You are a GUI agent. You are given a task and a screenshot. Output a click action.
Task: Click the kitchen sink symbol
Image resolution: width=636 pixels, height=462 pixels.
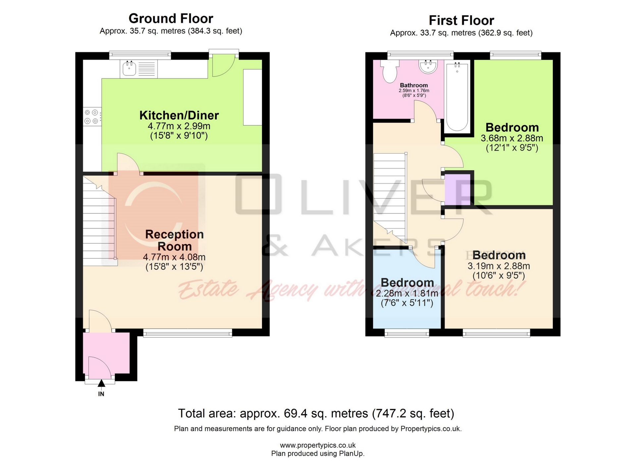point(130,69)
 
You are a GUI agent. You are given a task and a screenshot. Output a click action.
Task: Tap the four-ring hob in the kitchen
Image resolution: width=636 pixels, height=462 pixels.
point(92,117)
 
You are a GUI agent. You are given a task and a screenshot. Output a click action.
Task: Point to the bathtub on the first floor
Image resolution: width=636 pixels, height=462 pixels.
point(457,97)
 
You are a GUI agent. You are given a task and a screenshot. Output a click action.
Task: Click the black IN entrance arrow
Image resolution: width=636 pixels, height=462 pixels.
point(101,383)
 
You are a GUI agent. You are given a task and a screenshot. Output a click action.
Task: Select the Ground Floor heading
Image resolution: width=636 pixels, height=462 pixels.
point(171,19)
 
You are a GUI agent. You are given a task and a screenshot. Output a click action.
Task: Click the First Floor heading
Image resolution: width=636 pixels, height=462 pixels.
point(461,21)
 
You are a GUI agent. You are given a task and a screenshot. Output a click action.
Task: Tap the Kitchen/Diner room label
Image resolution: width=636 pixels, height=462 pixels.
point(179,115)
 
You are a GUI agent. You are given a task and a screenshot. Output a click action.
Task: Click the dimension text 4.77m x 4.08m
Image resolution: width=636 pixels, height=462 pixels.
point(174,257)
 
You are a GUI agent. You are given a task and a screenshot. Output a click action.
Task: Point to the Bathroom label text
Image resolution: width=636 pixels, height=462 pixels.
point(414,85)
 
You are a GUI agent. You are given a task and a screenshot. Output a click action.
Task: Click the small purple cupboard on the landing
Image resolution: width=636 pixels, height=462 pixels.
point(457,189)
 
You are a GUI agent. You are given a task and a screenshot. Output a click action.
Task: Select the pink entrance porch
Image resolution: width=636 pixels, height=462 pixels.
point(106,353)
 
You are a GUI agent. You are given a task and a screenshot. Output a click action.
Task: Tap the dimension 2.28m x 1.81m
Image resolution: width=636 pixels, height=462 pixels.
point(407,293)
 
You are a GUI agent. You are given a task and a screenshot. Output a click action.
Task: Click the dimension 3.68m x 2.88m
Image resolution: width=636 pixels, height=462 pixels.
point(512,138)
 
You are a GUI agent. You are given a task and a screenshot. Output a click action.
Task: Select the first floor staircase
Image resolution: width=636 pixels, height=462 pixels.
point(390,195)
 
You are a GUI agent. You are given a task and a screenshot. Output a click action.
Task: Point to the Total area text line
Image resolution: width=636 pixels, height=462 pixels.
point(316,413)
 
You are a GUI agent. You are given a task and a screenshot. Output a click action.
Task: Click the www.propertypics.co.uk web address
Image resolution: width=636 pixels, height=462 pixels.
point(318,445)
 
